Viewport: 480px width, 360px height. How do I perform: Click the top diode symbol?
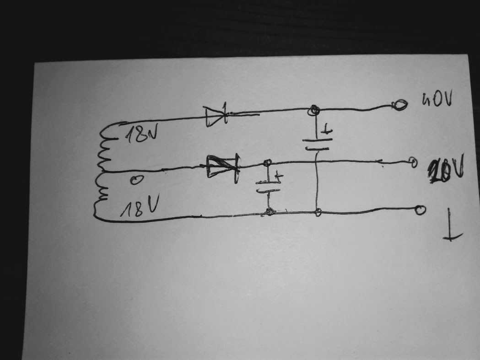tap(216, 116)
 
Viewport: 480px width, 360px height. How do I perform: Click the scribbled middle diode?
tap(222, 167)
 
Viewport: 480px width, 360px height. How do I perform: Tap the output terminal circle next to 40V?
tap(399, 106)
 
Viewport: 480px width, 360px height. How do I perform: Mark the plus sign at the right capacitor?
tap(326, 132)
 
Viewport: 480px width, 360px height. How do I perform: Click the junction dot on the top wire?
tap(314, 110)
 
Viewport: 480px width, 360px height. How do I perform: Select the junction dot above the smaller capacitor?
tap(268, 162)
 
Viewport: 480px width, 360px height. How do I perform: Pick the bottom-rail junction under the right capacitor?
tap(318, 212)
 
